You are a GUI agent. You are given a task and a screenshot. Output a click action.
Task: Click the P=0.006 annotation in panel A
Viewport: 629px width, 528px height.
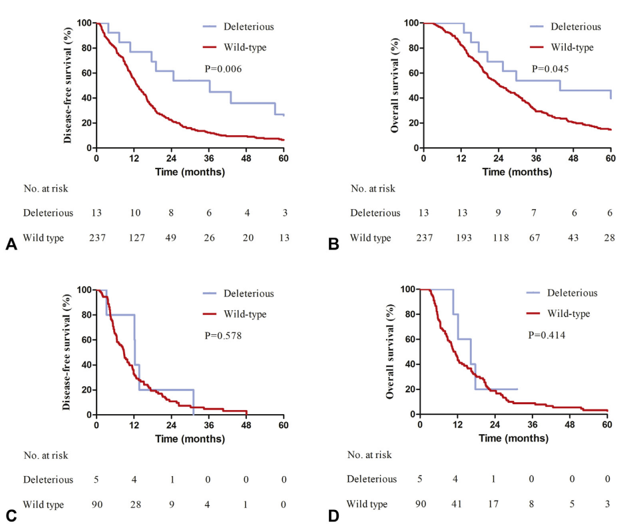(x=222, y=69)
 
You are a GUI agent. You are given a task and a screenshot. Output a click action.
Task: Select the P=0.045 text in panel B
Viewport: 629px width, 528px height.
(x=550, y=69)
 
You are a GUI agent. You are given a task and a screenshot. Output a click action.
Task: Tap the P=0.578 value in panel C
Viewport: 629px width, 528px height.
(x=223, y=336)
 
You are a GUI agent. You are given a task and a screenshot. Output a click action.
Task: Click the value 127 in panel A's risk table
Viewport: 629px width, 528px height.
(x=134, y=238)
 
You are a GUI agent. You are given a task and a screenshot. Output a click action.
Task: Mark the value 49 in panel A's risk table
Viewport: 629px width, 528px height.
(x=171, y=238)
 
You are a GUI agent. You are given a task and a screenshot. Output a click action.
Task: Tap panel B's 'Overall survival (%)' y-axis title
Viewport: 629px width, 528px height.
(x=395, y=85)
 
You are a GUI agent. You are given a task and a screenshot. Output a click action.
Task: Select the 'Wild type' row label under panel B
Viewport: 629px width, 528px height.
(x=371, y=238)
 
